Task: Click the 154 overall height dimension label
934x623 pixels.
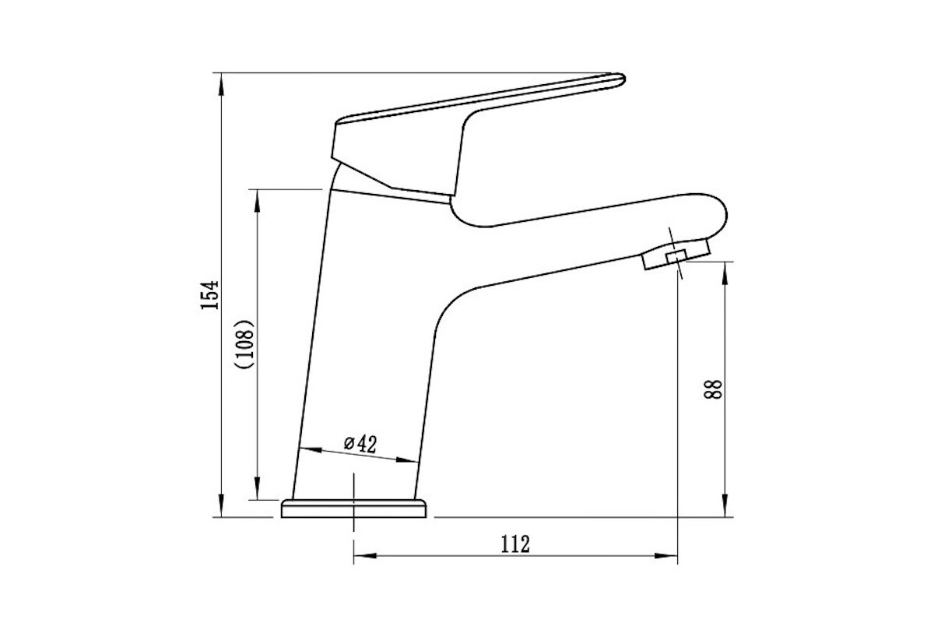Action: click(x=209, y=295)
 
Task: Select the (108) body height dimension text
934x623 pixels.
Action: click(x=244, y=344)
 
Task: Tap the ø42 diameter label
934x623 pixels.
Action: click(x=360, y=444)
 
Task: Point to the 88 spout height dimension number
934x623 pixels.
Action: click(x=713, y=389)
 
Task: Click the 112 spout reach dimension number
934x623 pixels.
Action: click(x=515, y=544)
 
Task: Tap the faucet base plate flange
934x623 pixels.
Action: click(x=353, y=509)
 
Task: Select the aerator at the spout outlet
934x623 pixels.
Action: click(x=676, y=254)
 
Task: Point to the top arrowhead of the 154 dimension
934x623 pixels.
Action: click(x=221, y=84)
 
